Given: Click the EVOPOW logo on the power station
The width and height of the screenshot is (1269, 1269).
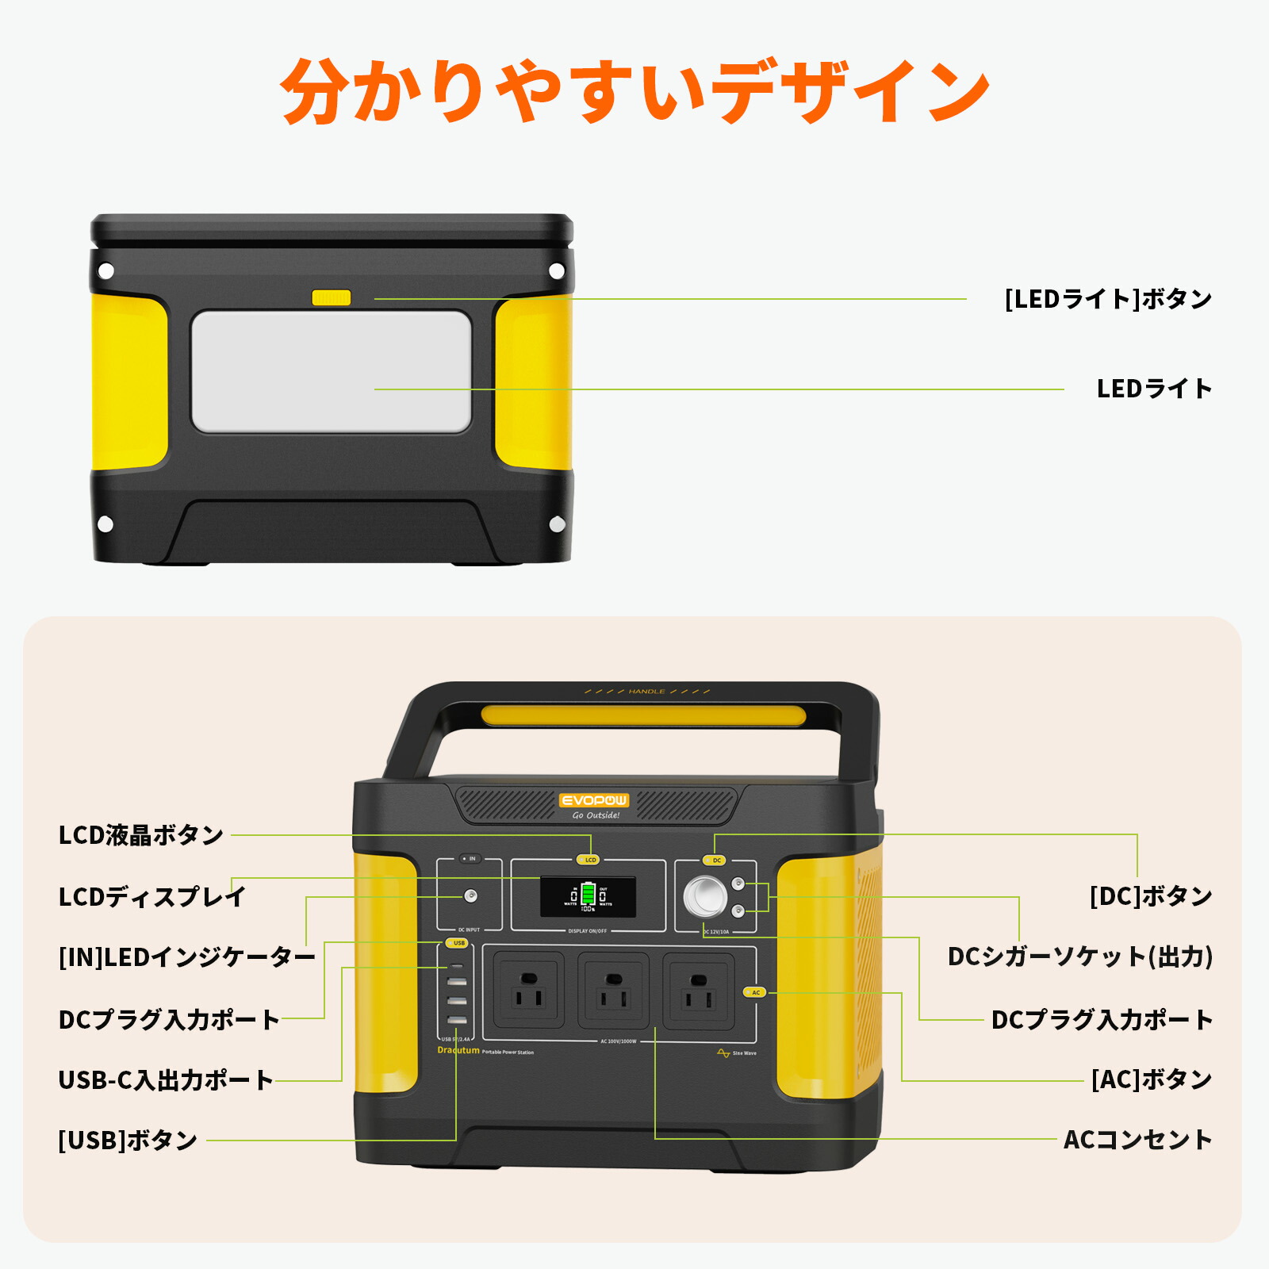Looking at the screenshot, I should pos(593,800).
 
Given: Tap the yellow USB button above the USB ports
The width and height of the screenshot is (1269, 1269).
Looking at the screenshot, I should pos(457,943).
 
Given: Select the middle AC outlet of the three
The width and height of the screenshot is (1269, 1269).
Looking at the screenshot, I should pos(613,991).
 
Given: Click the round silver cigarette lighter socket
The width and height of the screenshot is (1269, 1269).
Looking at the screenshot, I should pos(705,897).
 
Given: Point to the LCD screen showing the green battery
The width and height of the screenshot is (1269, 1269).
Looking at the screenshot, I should pos(588,896).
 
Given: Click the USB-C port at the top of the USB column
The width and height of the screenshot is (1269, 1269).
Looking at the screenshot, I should pos(457,967).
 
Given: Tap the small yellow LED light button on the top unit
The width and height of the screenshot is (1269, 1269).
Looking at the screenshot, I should pos(331,297).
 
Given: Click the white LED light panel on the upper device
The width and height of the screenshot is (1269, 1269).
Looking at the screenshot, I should pos(332,371).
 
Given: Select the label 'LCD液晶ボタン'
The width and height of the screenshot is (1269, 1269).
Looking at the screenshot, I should pos(141,834).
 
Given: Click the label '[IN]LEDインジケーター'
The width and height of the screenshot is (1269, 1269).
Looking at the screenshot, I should pos(187,957).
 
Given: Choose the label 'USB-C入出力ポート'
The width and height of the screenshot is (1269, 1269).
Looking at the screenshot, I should pos(166,1079).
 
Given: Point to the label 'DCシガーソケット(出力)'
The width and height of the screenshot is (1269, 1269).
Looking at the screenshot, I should pos(1080,957).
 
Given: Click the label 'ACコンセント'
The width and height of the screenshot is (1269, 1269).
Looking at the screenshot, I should pos(1137,1140).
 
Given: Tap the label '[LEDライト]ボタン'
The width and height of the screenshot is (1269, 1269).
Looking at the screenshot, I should pos(1108,299).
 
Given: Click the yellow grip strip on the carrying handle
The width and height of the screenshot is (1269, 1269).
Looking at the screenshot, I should pos(642,716).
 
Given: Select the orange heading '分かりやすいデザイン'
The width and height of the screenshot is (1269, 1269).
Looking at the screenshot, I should pos(634,91).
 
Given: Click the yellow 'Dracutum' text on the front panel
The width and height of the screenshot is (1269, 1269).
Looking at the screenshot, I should pos(458,1050).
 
